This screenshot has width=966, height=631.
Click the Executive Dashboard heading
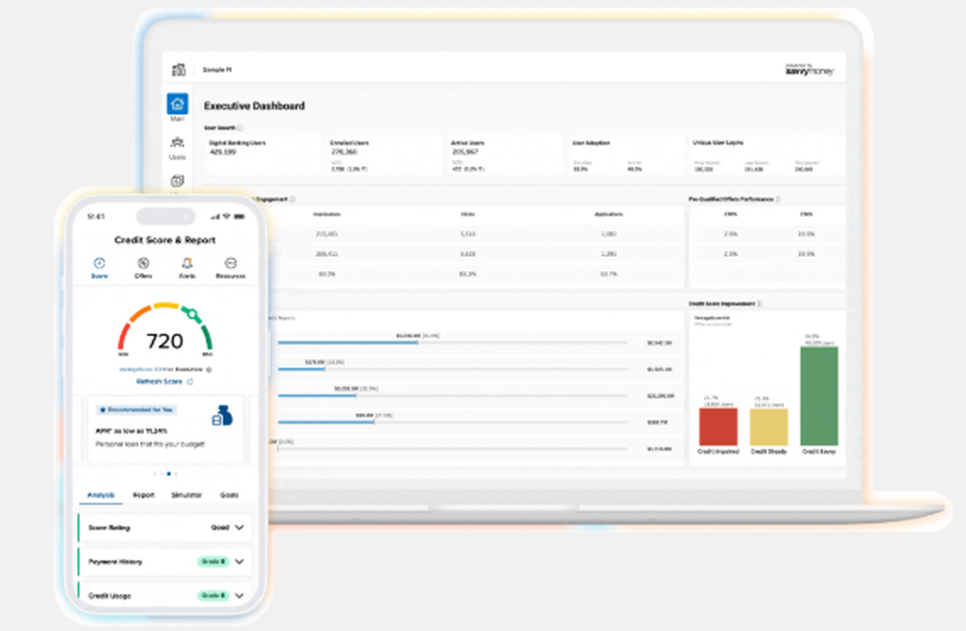pos(254,106)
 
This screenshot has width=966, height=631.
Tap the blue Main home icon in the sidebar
pos(177,104)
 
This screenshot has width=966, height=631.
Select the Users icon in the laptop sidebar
pos(177,144)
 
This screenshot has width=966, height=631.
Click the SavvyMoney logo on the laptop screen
pos(810,71)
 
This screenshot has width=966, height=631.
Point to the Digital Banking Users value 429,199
pos(224,152)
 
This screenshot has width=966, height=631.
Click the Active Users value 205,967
pos(466,152)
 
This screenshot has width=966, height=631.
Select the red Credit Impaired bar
pos(718,426)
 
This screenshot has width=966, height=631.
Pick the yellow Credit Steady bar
pos(768,427)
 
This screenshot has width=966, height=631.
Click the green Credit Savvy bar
pos(819,395)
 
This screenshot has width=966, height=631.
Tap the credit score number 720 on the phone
pos(164,341)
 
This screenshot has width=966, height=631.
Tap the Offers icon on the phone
pos(143,263)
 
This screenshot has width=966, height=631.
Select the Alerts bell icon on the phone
pos(186,263)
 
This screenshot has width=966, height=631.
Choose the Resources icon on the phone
pos(231,263)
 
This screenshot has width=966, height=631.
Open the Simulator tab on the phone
pos(186,495)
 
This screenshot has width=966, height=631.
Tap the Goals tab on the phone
pos(229,495)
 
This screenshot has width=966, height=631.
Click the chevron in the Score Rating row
pos(240,528)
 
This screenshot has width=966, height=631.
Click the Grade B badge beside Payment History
pos(213,560)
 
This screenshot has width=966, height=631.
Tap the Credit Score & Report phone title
pos(165,240)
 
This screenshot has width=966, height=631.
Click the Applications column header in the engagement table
pos(609,215)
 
